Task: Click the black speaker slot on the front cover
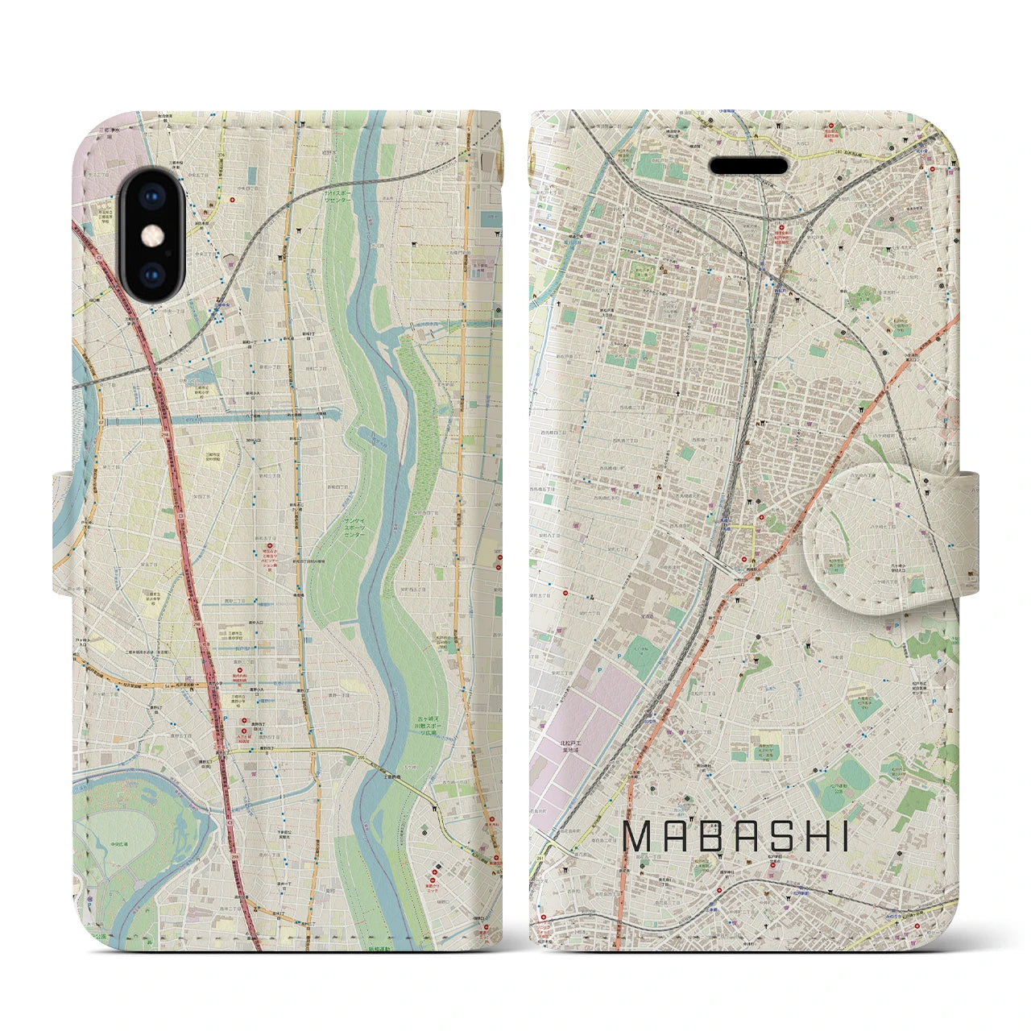748,166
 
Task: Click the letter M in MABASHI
640,838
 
